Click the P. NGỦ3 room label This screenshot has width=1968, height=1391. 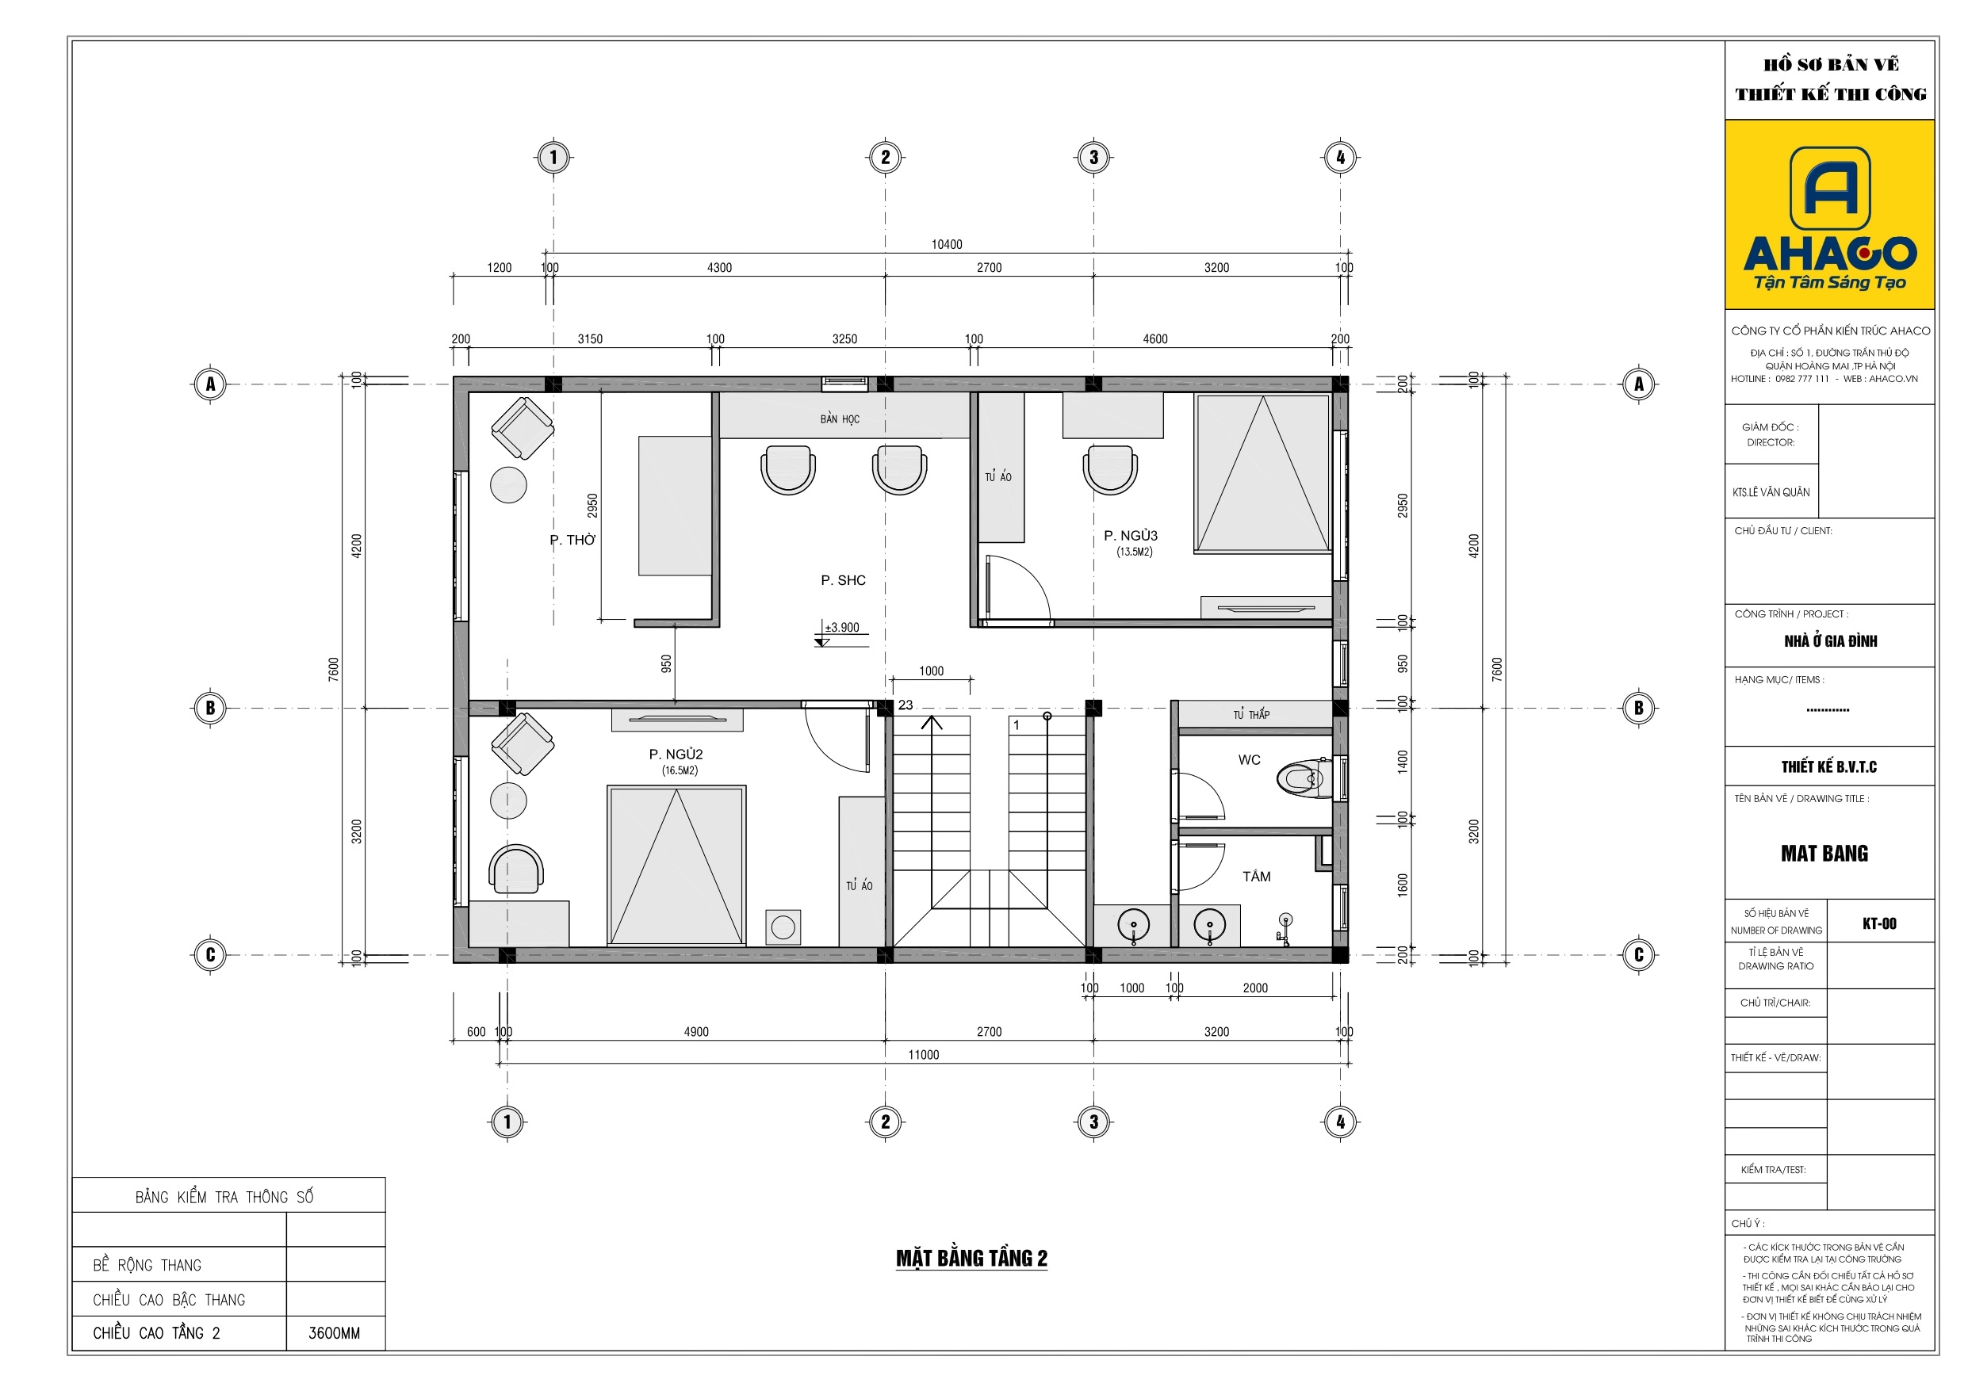click(1131, 536)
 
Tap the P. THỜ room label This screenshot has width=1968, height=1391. click(572, 540)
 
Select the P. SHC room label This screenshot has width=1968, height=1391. click(844, 580)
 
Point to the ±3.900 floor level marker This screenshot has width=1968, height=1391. click(842, 628)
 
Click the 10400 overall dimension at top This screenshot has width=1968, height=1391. click(948, 244)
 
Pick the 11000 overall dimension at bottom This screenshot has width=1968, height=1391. click(924, 1055)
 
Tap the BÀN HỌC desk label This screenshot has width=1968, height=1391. click(839, 419)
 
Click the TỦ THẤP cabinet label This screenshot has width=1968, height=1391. click(1251, 714)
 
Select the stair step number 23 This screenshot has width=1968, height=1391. click(906, 705)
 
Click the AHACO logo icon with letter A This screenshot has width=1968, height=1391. click(1830, 188)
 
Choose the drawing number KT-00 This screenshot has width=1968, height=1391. click(1880, 923)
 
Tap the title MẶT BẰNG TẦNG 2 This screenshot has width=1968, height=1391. click(972, 1258)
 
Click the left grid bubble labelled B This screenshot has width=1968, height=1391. click(210, 708)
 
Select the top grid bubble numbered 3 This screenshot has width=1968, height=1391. click(1093, 157)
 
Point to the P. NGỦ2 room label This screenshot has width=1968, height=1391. click(676, 755)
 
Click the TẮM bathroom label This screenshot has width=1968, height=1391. click(1257, 876)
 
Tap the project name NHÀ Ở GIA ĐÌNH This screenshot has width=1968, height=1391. click(1831, 641)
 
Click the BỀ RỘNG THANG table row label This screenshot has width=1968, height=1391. click(147, 1265)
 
